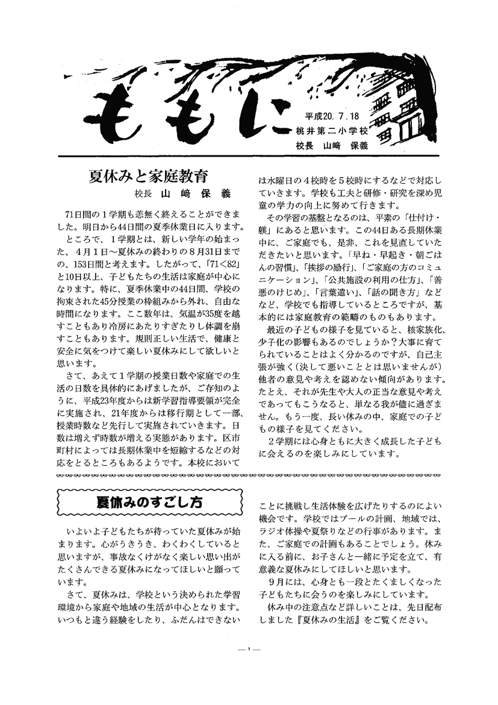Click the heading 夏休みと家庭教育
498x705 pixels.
pyautogui.click(x=148, y=177)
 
